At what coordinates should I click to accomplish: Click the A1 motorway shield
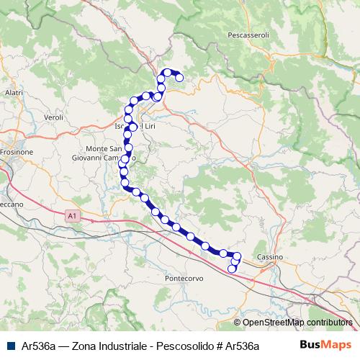pyautogui.click(x=71, y=215)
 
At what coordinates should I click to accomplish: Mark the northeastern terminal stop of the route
pyautogui.click(x=179, y=78)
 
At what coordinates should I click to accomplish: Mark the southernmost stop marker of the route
pyautogui.click(x=232, y=269)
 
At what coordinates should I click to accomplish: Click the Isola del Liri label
pyautogui.click(x=135, y=127)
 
